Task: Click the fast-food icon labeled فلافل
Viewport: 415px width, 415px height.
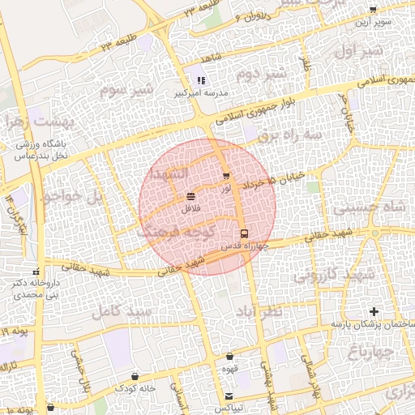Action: (190, 197)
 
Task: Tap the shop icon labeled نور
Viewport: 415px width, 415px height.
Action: (225, 176)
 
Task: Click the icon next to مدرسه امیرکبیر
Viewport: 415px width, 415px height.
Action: (200, 80)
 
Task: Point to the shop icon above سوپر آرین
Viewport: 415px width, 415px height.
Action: (372, 10)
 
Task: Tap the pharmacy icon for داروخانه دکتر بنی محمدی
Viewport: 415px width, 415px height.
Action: (35, 272)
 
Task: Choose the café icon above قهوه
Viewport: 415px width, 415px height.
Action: (229, 356)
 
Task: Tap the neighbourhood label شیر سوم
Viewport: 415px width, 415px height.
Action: (126, 89)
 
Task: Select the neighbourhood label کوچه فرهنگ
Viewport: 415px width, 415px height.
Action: (175, 232)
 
